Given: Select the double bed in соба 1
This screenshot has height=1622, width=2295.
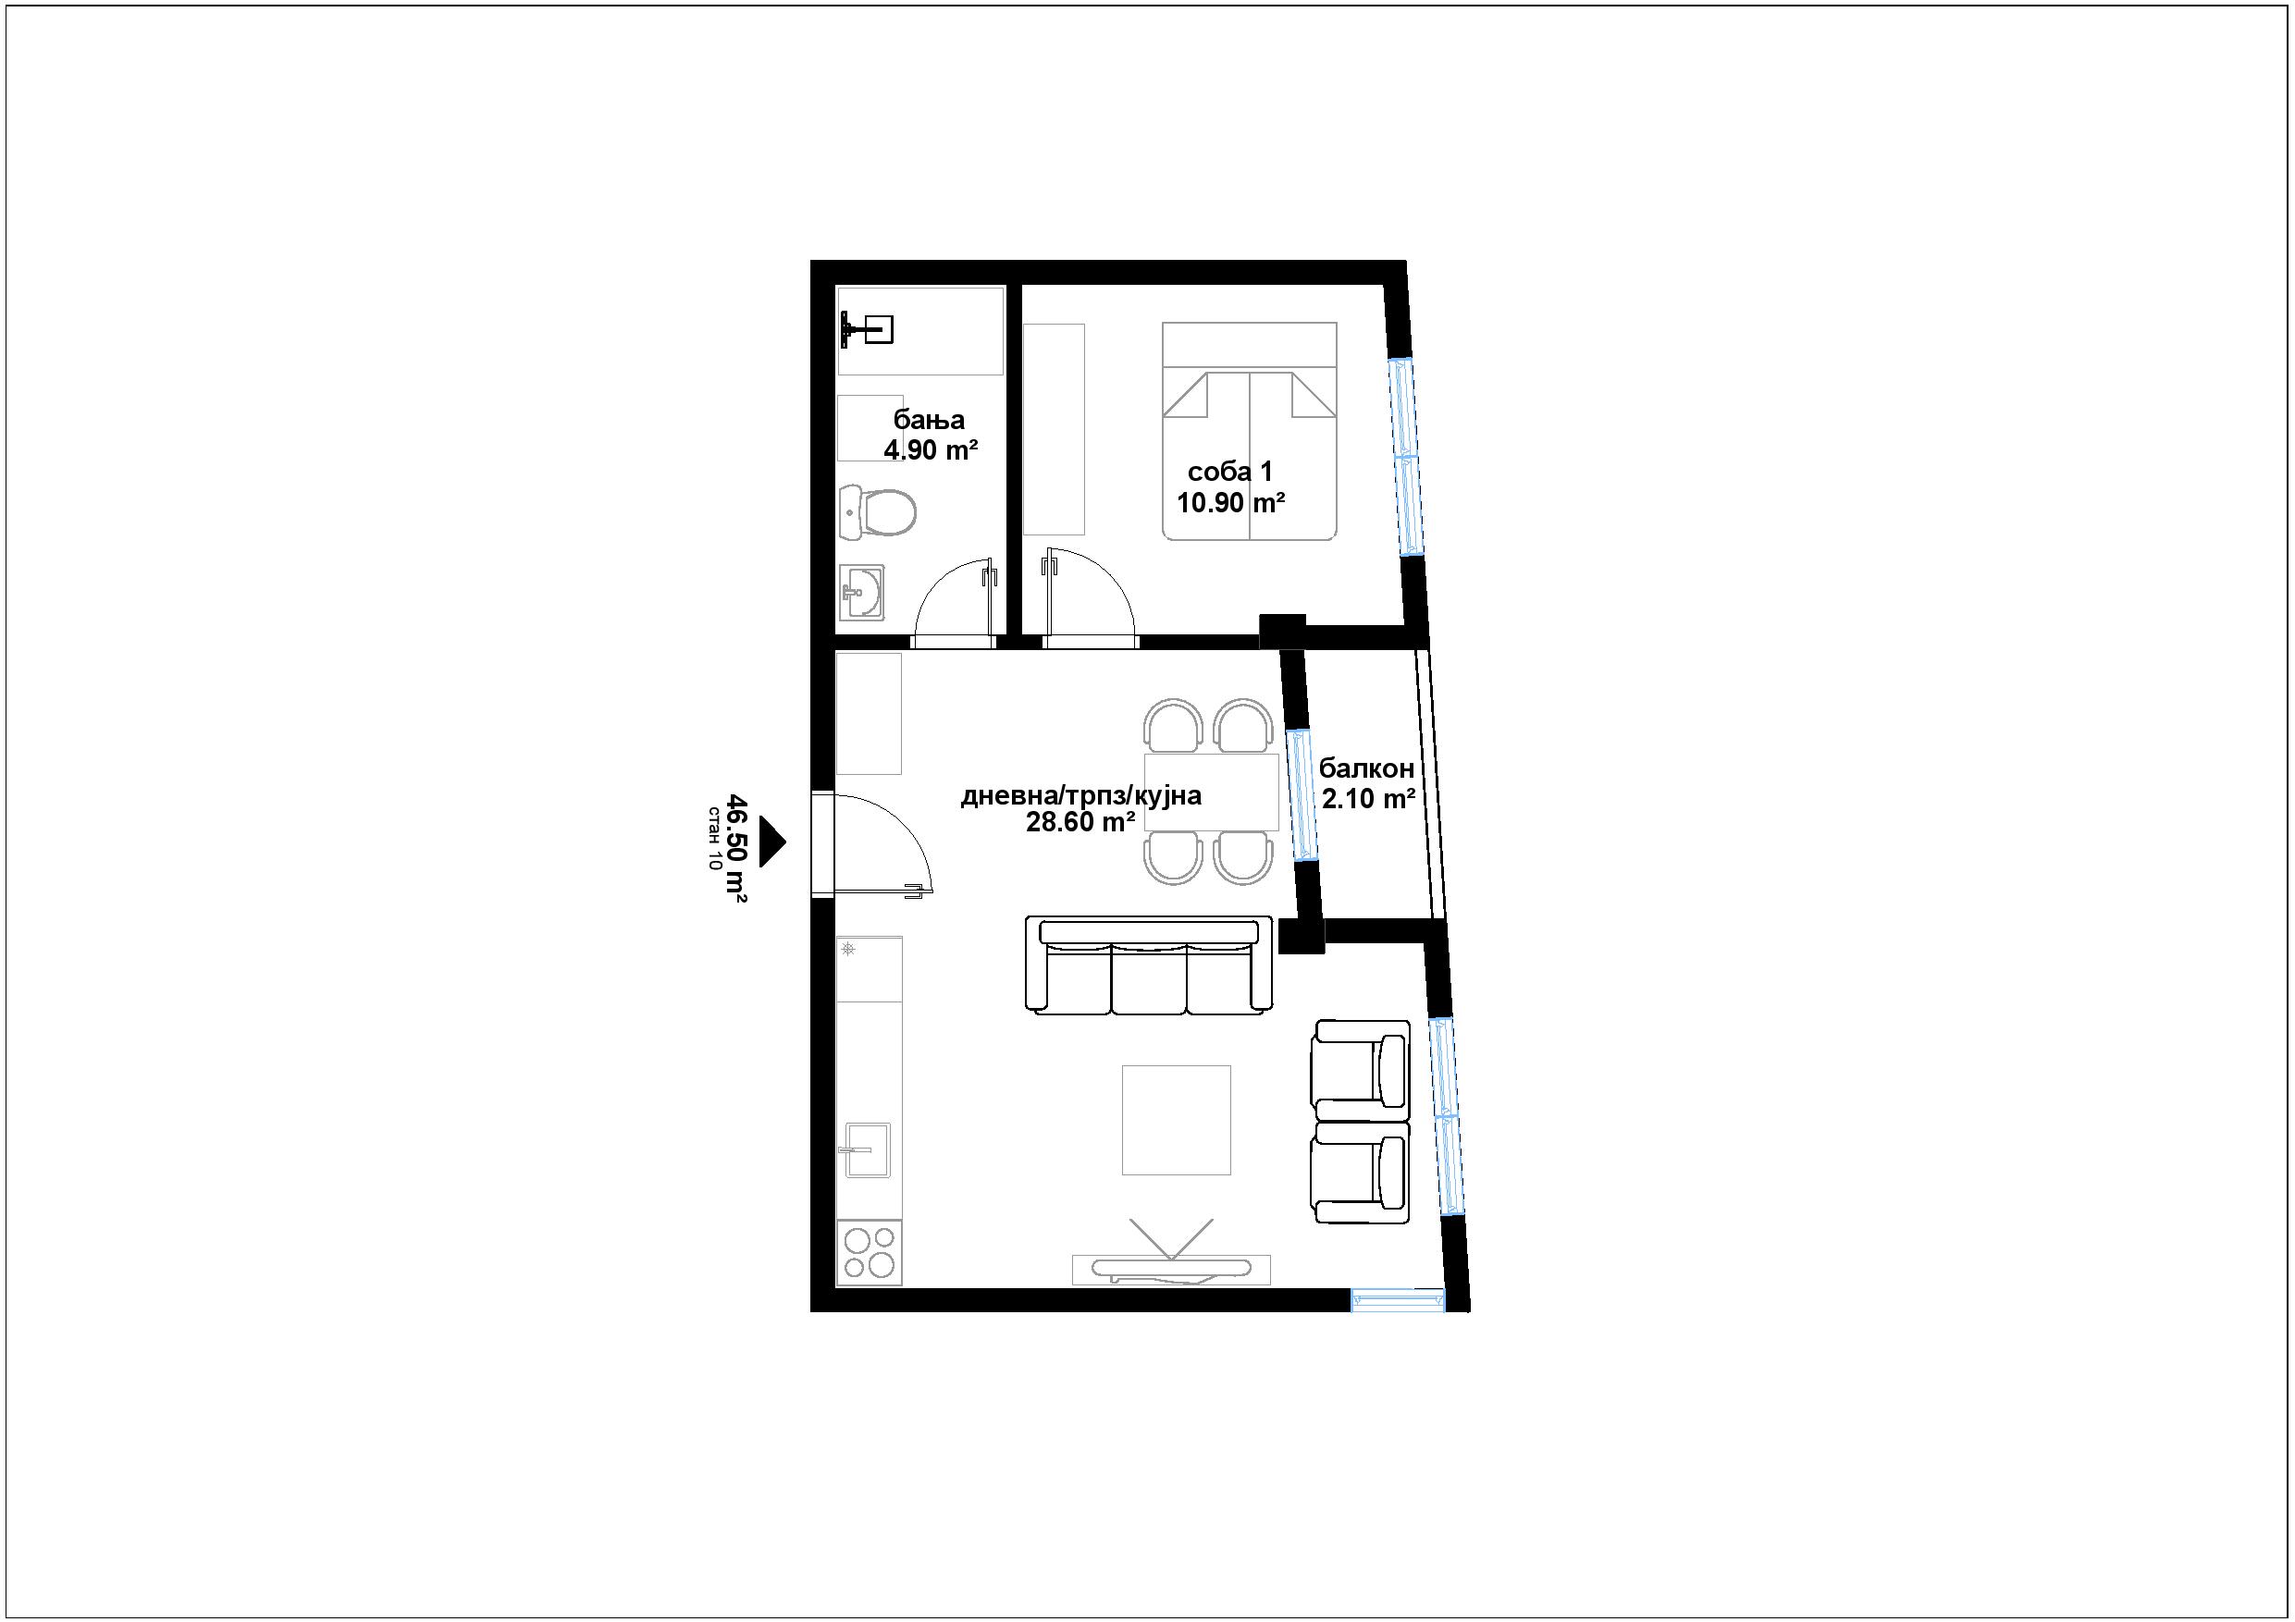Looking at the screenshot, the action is click(1250, 432).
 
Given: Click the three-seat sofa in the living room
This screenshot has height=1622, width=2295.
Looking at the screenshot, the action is click(1150, 966).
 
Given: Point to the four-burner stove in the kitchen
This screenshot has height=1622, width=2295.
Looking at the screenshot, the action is click(869, 1252).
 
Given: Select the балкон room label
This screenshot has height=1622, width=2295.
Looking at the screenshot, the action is click(1366, 768).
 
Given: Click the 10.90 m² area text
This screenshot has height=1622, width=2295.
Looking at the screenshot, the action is click(1230, 503).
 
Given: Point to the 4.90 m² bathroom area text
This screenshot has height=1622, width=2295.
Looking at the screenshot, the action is click(931, 449).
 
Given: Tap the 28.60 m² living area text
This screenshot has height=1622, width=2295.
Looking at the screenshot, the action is click(1080, 822).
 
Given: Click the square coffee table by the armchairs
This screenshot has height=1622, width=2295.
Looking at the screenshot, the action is click(1177, 1119).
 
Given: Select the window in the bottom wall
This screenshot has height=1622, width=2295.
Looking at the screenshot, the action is click(1398, 1300).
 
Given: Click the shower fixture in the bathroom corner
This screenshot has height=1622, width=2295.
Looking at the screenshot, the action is click(866, 329).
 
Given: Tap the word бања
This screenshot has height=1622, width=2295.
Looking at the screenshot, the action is click(929, 420).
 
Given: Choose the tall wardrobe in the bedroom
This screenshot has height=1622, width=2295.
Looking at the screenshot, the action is click(1054, 429).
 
